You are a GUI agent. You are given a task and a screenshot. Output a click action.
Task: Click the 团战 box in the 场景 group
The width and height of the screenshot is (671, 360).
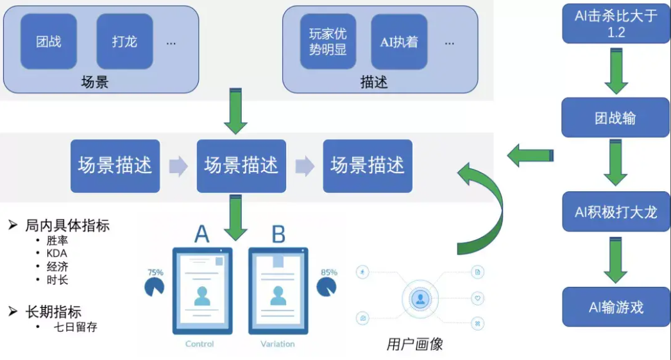coord(49,41)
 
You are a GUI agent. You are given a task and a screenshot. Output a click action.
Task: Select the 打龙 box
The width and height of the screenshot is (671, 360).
coord(124,41)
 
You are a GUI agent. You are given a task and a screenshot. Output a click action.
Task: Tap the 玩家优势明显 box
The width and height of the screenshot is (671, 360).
coord(328,41)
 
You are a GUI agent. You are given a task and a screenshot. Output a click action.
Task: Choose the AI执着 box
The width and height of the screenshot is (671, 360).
coord(398,41)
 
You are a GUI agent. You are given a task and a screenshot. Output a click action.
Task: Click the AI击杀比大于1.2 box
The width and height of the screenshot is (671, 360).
coord(616,24)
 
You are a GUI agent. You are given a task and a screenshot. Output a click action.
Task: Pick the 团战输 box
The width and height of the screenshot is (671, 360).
coord(616,117)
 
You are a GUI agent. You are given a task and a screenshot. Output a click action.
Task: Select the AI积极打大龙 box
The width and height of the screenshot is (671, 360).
coord(616,211)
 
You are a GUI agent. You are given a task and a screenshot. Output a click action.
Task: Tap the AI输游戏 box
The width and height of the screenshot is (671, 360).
coord(616,307)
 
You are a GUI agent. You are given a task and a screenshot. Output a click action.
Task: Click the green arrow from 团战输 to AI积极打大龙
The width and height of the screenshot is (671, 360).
coord(616,164)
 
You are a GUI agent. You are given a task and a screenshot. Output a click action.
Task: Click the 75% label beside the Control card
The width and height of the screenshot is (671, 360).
coord(155,272)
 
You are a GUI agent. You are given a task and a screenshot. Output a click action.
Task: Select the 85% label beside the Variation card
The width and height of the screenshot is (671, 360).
coord(328,272)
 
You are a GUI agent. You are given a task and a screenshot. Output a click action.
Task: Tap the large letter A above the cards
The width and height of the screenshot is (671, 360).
coord(201,235)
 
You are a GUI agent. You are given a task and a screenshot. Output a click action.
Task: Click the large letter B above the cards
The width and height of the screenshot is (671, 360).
coord(278,235)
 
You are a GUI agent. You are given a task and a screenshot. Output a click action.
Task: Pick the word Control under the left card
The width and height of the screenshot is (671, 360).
coord(200,344)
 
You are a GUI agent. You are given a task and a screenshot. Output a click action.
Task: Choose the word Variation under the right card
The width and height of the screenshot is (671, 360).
coord(278,344)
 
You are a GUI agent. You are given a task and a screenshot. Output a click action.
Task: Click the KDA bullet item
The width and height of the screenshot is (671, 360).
coord(57,253)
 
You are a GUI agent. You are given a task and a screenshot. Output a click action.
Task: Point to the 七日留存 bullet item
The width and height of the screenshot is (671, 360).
coord(76,327)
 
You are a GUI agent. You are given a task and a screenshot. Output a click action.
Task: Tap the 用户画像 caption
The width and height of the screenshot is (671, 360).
coord(414,345)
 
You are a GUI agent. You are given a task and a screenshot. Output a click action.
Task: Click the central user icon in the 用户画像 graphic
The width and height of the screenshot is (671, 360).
coord(421,298)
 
